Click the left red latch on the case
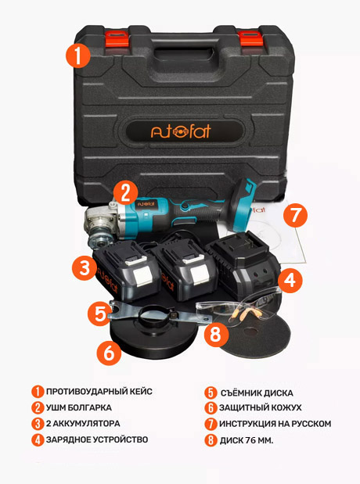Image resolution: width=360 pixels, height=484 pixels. pyautogui.click(x=117, y=38)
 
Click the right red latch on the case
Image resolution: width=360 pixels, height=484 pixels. pyautogui.click(x=250, y=38)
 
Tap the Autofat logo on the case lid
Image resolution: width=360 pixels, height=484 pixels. pyautogui.click(x=181, y=131)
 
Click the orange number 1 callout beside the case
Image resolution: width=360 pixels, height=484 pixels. pyautogui.click(x=77, y=56)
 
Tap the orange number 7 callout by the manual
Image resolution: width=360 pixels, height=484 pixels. pyautogui.click(x=295, y=215)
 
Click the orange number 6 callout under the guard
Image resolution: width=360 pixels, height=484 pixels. pyautogui.click(x=109, y=353)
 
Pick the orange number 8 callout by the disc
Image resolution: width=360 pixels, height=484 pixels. pyautogui.click(x=216, y=333)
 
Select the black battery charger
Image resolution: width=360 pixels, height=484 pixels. pyautogui.click(x=243, y=264)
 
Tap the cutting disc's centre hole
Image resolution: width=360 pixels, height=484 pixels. pyautogui.click(x=251, y=331)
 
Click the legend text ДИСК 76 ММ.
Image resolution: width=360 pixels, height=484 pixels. pyautogui.click(x=247, y=440)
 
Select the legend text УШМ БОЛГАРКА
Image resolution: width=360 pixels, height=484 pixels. pyautogui.click(x=79, y=407)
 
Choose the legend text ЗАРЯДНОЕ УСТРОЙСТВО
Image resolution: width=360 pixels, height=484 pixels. pyautogui.click(x=97, y=439)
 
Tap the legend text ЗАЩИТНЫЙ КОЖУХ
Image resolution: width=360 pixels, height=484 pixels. pyautogui.click(x=260, y=407)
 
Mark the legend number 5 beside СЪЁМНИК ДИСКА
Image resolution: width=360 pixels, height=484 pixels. pyautogui.click(x=211, y=393)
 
